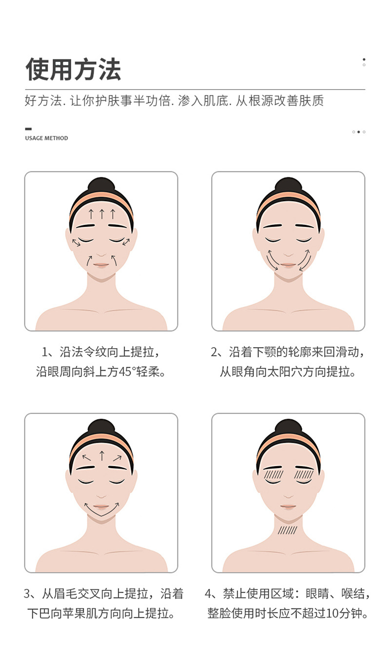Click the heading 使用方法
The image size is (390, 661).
click(x=73, y=70)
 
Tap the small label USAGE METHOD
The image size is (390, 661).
click(x=46, y=138)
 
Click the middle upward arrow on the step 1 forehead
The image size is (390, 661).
click(x=102, y=214)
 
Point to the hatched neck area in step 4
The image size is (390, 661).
click(x=287, y=530)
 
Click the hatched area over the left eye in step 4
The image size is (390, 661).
click(x=273, y=474)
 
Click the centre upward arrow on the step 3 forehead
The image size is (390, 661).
click(x=102, y=456)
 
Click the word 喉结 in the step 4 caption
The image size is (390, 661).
click(x=353, y=593)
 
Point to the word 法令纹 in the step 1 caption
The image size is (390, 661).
click(x=89, y=352)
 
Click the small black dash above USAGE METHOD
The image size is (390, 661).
click(x=28, y=129)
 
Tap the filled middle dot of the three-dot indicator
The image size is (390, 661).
click(x=358, y=132)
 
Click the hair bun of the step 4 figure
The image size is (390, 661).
click(x=289, y=427)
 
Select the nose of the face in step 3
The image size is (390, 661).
click(x=101, y=496)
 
